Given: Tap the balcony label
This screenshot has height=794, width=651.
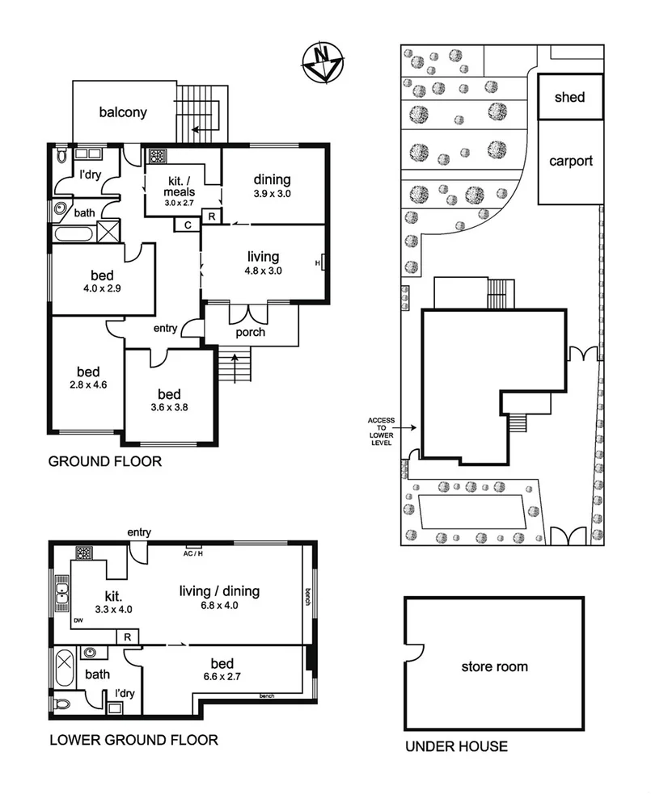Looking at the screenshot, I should point(123,112).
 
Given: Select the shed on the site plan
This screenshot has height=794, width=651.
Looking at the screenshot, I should point(569,97).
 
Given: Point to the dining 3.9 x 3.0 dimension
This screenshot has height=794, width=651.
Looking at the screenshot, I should point(272,195).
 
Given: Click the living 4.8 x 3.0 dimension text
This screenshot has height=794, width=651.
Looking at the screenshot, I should point(264,271).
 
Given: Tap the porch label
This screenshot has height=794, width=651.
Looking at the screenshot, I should point(251,332).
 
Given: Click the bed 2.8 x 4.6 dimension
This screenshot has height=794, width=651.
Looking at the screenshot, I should point(87,384).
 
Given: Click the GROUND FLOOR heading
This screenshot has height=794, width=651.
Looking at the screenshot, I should point(105,462).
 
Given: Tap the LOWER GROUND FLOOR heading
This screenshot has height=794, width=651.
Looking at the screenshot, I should point(133,739).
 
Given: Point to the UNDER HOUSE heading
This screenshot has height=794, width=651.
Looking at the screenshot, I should point(456,746).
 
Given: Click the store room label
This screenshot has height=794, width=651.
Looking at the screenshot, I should point(494,666).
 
